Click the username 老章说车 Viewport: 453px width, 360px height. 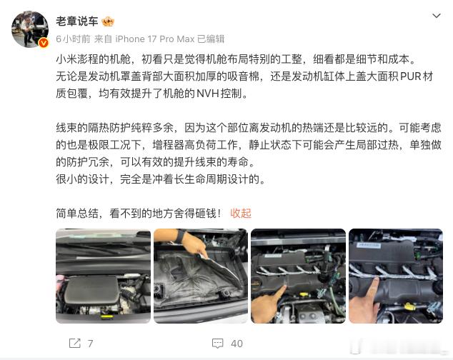pos(77,21)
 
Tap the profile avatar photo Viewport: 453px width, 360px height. pos(30,29)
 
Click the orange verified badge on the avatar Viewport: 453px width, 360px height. pos(44,43)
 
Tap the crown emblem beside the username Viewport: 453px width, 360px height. pos(108,21)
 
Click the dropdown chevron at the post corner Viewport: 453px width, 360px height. pos(437,16)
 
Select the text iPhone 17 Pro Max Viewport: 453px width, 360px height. pos(154,39)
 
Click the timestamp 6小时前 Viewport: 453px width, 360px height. pos(73,39)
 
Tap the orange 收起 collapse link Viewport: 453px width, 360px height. pos(241,214)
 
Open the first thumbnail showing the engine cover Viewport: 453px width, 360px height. pos(103,276)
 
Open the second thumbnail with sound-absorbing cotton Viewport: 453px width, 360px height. pos(201,276)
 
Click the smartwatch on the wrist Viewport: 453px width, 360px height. pos(180,235)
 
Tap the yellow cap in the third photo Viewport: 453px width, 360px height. pos(304,295)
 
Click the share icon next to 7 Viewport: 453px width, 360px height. pos(75,344)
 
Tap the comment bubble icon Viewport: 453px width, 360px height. pos(217,344)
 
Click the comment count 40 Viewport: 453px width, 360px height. pos(237,344)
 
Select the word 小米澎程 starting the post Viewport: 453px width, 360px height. pos(77,59)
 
